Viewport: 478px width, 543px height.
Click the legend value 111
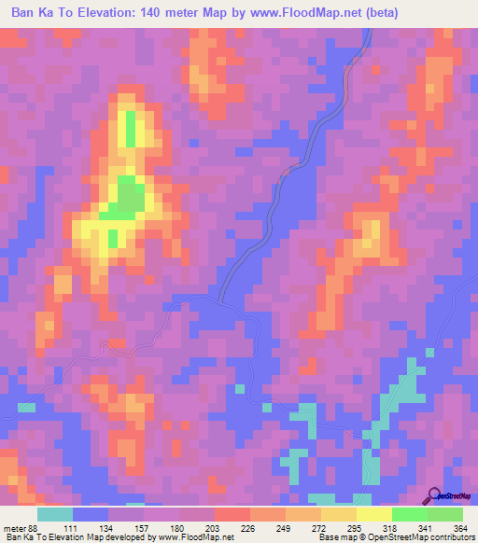69,529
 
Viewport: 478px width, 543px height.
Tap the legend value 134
105,529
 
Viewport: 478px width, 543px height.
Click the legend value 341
424,529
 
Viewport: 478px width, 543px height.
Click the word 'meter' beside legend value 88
13,529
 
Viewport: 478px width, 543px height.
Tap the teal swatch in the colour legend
55,514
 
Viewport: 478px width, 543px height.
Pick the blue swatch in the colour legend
91,514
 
